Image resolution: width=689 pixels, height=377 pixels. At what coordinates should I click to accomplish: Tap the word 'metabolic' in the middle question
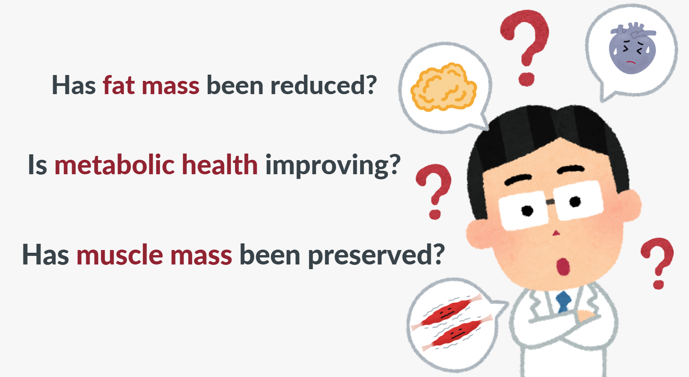coord(114,164)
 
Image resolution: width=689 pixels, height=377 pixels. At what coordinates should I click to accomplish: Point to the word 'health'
coord(220,164)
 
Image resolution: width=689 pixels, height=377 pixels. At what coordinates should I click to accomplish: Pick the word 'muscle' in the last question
coord(120,255)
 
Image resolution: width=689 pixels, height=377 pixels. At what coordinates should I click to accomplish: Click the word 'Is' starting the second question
coord(37,164)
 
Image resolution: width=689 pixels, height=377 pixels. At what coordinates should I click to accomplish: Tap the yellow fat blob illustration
coord(443,87)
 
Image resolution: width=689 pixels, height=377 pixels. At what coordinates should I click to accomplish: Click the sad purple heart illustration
coord(632,48)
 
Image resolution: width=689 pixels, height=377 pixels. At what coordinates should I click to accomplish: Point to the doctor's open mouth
coord(562,266)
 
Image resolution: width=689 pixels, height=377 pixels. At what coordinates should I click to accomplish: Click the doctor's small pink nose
coord(556,233)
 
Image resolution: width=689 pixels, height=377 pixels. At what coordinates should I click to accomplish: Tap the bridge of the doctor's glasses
coord(550,202)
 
